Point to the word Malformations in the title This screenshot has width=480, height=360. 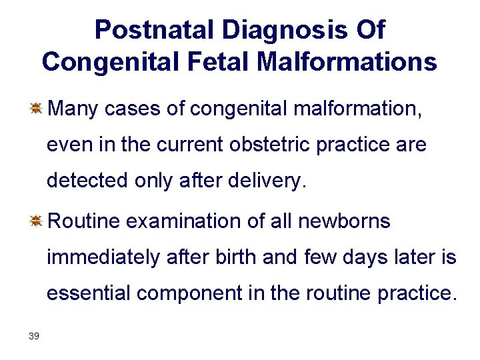coord(347,63)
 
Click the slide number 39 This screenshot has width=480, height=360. coord(34,336)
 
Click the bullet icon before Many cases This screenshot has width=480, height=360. coord(36,107)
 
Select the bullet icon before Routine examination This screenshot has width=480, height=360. coord(36,221)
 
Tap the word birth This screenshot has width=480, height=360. coord(237,257)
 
